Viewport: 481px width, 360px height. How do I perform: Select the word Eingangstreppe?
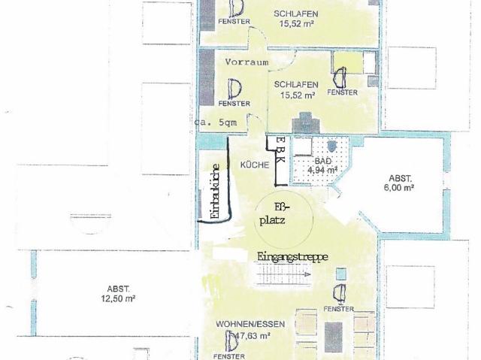tap(292, 256)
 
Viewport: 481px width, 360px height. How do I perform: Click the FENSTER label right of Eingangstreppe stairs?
tap(340, 310)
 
